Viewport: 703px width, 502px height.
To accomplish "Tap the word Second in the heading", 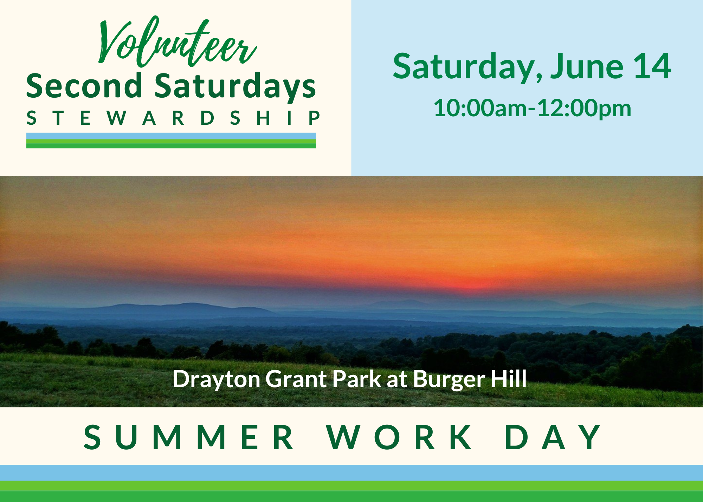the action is pos(84,86).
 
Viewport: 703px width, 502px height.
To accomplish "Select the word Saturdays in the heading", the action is pos(235,87).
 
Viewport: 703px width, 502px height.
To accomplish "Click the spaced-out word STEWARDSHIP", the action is pos(173,118).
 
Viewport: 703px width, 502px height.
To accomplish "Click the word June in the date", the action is pos(587,66).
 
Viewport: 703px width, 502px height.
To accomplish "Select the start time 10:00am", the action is pos(481,108).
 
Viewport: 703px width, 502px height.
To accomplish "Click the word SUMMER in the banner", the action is pos(189,437).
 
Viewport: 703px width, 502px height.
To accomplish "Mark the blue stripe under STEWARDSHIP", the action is pos(171,136).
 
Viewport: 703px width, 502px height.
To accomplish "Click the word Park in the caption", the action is pos(357,379).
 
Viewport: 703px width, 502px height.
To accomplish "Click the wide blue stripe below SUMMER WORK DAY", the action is pos(351,473).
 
